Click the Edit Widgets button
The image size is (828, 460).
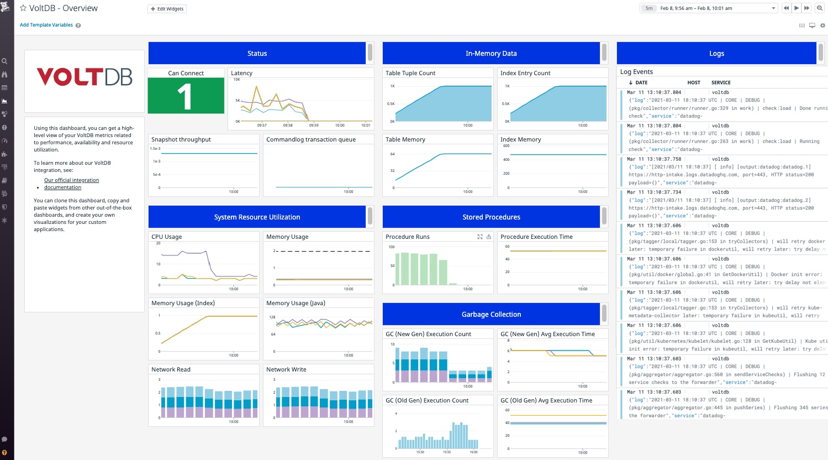click(167, 9)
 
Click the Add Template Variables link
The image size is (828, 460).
click(46, 25)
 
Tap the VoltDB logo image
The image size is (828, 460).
click(85, 77)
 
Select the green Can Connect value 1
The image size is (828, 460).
click(186, 96)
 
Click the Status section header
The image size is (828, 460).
click(257, 54)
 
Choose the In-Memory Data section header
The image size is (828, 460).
click(491, 54)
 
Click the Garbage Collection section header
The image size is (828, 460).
click(491, 315)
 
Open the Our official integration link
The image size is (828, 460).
click(72, 180)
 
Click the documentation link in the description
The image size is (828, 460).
click(62, 187)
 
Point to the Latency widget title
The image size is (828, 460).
click(241, 73)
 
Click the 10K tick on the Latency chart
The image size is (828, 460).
click(237, 80)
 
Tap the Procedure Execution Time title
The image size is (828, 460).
click(536, 237)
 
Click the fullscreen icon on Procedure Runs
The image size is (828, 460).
click(480, 237)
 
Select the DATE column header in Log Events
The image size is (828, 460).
click(641, 82)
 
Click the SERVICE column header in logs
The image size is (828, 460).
click(721, 82)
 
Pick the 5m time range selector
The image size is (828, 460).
click(649, 8)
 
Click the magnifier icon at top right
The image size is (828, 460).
click(820, 8)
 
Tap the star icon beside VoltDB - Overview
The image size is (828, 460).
click(23, 8)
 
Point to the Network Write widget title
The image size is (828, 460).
click(286, 369)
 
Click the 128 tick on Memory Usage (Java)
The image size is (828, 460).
click(272, 317)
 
